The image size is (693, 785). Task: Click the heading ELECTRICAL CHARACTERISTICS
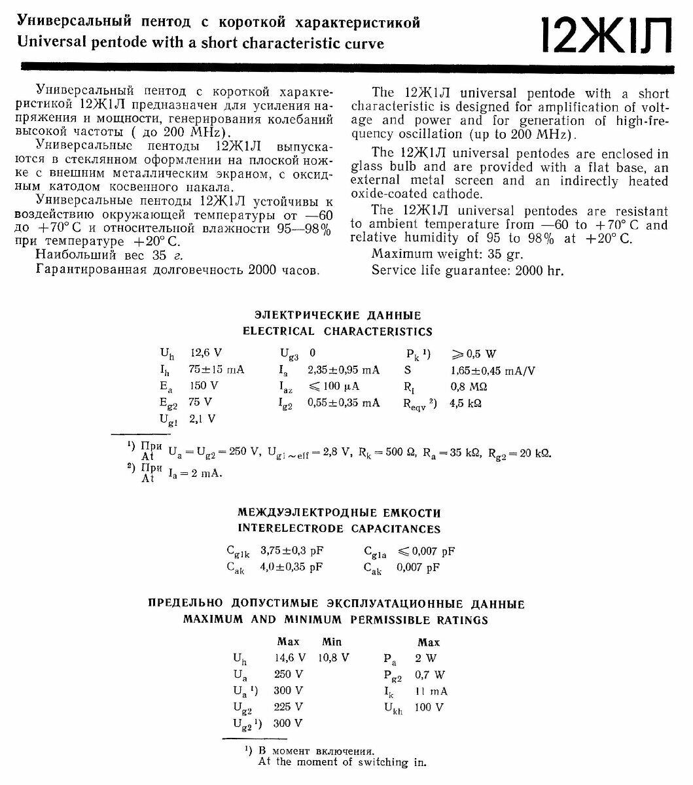tap(338, 332)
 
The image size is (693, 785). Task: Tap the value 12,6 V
tap(204, 354)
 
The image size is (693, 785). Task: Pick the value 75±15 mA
tap(217, 370)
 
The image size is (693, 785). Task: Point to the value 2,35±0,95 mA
tap(344, 370)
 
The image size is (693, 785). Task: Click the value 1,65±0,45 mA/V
tap(493, 370)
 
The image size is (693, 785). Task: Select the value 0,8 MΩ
tap(469, 387)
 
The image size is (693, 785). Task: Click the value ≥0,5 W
tap(473, 354)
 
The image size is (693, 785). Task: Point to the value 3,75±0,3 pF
tap(291, 550)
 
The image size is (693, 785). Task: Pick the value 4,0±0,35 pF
tap(292, 567)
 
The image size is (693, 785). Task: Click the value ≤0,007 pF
tap(426, 551)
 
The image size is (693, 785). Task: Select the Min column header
tap(332, 642)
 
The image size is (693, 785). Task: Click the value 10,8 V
tap(334, 658)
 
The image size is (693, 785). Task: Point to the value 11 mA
tap(431, 691)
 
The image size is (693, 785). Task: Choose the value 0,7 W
tap(430, 674)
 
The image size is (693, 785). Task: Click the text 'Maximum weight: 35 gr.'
tap(448, 254)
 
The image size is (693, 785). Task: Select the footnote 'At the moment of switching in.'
tap(342, 761)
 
